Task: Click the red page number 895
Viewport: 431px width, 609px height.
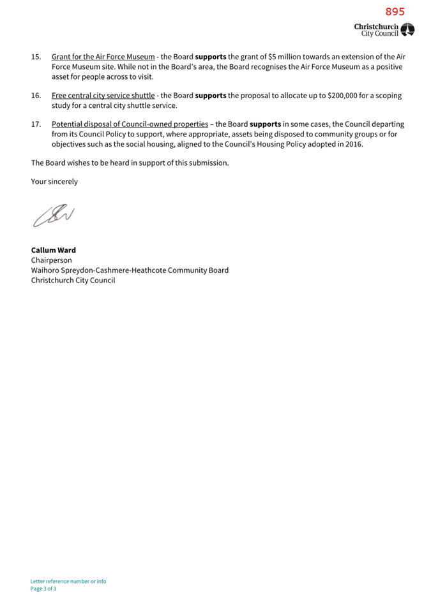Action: [395, 11]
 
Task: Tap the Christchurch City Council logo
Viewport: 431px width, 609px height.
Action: [384, 29]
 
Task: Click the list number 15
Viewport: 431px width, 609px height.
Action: [36, 57]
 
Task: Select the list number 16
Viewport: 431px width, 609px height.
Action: [36, 96]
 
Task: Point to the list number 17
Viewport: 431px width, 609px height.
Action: [36, 124]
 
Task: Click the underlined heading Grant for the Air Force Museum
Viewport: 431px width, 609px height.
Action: [103, 57]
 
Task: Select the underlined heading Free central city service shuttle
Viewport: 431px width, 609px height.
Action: [103, 96]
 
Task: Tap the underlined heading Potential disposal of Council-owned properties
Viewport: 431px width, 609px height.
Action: [130, 124]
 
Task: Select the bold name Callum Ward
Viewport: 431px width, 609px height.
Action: [54, 250]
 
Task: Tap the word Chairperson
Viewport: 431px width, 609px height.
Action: [52, 260]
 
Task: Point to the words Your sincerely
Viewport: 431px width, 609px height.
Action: [54, 182]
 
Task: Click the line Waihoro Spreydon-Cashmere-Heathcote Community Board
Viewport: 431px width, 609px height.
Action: [130, 270]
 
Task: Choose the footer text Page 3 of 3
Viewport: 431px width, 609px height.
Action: [43, 589]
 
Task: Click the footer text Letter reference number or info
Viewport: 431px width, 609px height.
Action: [68, 581]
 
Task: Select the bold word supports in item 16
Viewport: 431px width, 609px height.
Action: [211, 96]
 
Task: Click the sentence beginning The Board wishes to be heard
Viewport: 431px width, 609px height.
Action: [130, 163]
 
